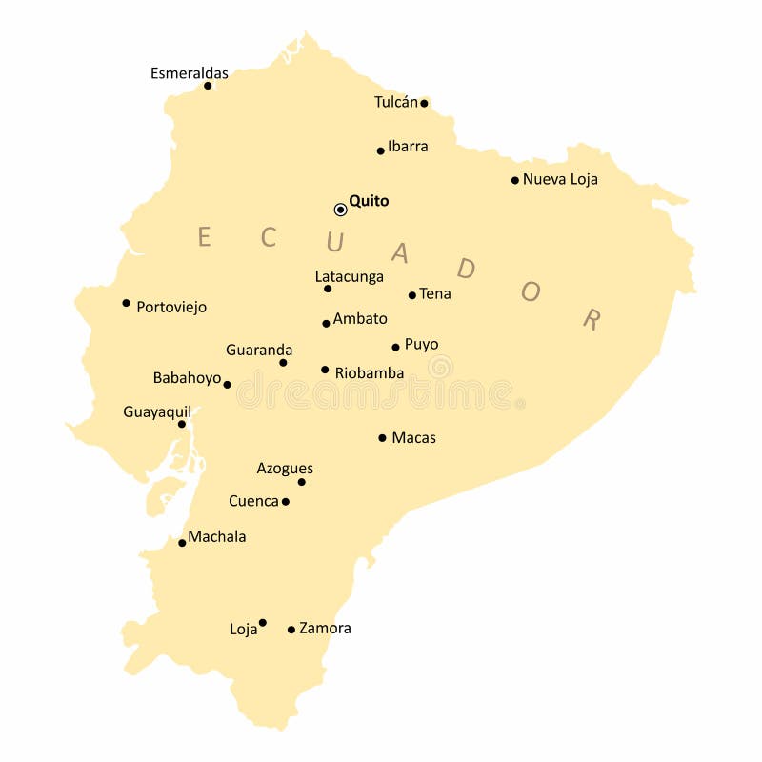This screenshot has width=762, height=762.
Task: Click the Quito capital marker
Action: click(x=340, y=210)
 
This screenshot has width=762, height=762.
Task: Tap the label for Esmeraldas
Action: click(x=190, y=73)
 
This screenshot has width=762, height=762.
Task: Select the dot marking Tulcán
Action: click(x=424, y=103)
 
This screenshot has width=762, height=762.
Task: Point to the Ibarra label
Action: click(x=408, y=147)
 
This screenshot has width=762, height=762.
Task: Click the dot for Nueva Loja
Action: click(x=515, y=180)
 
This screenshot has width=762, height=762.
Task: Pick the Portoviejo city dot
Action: click(x=126, y=303)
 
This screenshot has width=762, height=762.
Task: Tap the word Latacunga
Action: click(x=350, y=277)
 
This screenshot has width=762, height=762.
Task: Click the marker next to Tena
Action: click(x=412, y=295)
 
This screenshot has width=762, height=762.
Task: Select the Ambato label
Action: click(x=360, y=319)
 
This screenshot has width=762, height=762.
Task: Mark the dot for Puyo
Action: click(x=395, y=347)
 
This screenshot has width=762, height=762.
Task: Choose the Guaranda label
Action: click(x=259, y=351)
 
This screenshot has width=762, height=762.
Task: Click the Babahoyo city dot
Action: click(x=227, y=385)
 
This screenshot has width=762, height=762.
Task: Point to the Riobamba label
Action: click(x=370, y=373)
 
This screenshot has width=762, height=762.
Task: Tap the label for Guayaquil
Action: click(x=157, y=412)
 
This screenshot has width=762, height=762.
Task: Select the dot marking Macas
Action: click(x=382, y=438)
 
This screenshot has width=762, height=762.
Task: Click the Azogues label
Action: click(x=285, y=469)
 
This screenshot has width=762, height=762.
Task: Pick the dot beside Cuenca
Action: click(x=286, y=502)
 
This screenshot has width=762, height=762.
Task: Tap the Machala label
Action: click(x=217, y=537)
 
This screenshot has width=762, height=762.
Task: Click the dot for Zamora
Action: click(x=291, y=630)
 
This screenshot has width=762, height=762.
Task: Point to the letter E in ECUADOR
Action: click(x=204, y=237)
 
